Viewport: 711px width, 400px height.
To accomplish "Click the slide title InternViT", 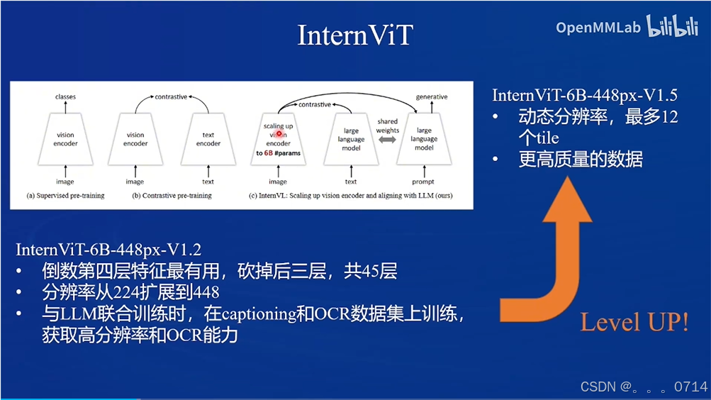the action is pos(354,35).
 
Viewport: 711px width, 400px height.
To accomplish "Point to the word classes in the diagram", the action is pos(65,96).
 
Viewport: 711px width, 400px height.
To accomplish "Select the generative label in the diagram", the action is pos(431,96).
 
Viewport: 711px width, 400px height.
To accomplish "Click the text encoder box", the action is pos(208,139).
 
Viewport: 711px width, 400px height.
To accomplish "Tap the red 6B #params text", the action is pos(278,152).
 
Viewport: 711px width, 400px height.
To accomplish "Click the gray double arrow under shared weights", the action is pos(387,140).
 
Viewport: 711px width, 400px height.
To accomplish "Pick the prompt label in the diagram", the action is pos(423,182).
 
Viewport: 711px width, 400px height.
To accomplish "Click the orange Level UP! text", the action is pos(634,323).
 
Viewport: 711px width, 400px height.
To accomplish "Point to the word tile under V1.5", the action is pos(542,138).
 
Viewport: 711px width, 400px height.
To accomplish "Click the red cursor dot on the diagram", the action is pos(279,133).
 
